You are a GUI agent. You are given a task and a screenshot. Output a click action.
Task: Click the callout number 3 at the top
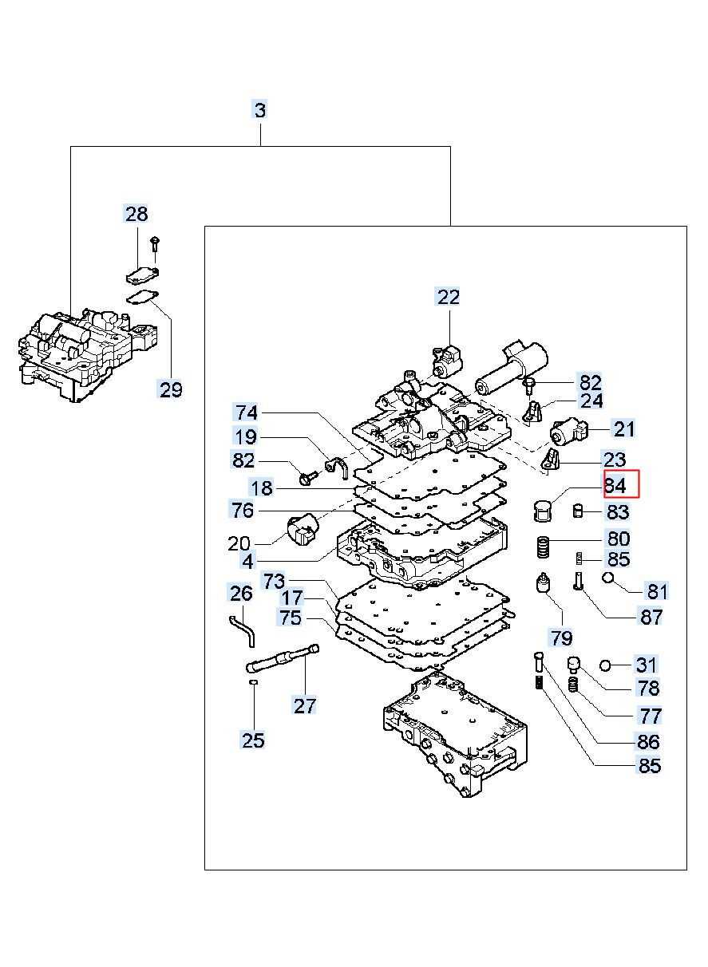(260, 109)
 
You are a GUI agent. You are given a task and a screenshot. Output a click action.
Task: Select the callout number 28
(136, 214)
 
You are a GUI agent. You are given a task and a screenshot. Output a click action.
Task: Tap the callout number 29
(171, 389)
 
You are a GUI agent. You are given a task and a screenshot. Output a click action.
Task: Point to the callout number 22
(449, 297)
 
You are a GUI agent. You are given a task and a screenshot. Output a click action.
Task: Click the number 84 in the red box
(615, 486)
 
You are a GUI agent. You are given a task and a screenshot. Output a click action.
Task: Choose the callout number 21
(624, 429)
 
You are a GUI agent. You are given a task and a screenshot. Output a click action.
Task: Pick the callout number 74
(247, 412)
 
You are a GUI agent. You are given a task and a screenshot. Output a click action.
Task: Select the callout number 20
(239, 544)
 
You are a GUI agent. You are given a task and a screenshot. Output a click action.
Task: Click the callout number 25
(253, 740)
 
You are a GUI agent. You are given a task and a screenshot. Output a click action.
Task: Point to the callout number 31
(646, 665)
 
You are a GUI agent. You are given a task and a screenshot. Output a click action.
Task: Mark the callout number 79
(561, 637)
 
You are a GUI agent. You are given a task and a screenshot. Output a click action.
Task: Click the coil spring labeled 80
(543, 547)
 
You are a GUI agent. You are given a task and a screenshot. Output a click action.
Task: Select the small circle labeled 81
(607, 577)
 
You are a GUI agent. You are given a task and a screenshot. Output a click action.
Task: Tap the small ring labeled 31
(605, 666)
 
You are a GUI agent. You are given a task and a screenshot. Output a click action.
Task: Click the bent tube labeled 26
(243, 631)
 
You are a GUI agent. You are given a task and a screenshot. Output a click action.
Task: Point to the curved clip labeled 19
(337, 468)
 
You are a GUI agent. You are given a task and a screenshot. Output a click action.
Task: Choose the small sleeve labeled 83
(579, 511)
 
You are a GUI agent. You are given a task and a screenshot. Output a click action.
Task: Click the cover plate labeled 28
(142, 275)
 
